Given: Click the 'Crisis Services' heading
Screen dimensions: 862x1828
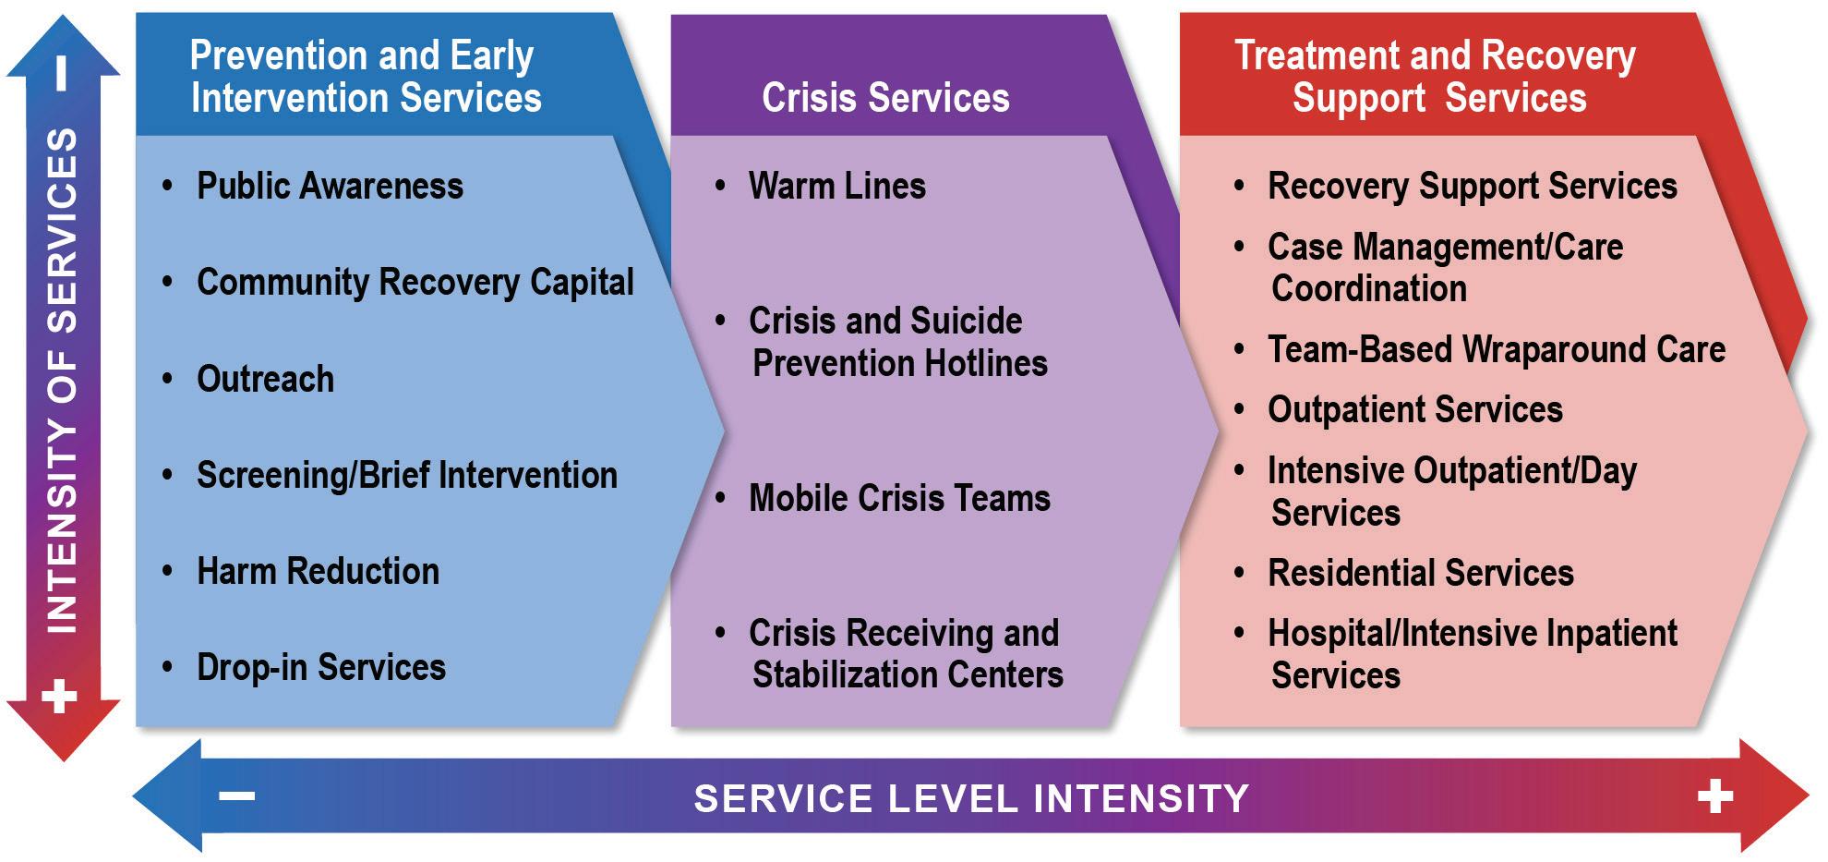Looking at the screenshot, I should point(885,98).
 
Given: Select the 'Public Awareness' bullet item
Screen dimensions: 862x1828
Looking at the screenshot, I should point(330,187).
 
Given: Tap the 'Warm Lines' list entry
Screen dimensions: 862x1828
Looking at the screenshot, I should point(836,187).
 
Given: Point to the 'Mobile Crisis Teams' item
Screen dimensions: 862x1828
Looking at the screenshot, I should point(899,499).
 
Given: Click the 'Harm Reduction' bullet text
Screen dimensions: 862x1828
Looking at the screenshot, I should point(318,572).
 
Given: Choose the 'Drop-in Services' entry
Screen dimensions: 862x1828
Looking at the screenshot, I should point(320,668).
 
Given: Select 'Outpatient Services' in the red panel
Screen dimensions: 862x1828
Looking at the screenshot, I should point(1414,410).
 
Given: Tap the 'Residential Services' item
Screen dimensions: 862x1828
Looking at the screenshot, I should point(1420,574).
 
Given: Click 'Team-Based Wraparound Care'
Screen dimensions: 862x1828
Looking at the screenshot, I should point(1496,350).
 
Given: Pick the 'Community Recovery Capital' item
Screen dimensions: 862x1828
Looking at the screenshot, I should point(415,283).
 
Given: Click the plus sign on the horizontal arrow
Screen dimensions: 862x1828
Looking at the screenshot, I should point(1714,796).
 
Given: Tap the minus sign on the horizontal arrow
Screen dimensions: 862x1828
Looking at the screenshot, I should point(237,796).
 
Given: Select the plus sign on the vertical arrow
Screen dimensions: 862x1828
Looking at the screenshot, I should point(60,696).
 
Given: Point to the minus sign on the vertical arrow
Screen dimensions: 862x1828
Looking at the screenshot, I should point(61,74).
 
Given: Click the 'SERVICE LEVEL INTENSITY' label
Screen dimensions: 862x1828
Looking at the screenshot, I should point(971,798).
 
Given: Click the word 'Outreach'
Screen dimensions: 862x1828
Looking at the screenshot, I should point(265,380).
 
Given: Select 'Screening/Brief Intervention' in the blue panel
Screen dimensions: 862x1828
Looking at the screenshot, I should point(406,476).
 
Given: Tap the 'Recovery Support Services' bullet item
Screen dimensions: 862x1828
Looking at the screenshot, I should point(1472,187).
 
